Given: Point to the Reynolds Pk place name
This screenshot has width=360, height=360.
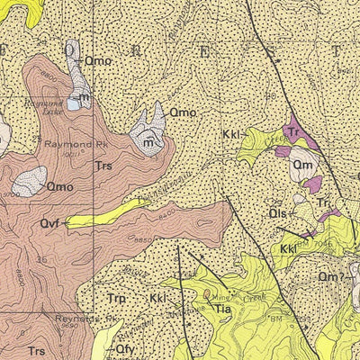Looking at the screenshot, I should click(x=99, y=319).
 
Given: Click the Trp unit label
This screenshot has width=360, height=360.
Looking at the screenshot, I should click(x=115, y=298).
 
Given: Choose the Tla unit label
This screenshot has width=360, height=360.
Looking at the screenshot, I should click(x=223, y=309).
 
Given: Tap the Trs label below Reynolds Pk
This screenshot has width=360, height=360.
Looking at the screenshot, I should click(x=37, y=350).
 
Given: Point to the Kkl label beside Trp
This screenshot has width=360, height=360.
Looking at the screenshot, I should click(x=158, y=298).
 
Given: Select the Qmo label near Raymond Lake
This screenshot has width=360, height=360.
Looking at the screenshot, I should click(x=97, y=60).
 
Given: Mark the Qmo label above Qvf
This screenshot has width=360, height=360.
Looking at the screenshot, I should click(x=183, y=112).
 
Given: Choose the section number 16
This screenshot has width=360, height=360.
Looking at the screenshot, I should click(x=41, y=259).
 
